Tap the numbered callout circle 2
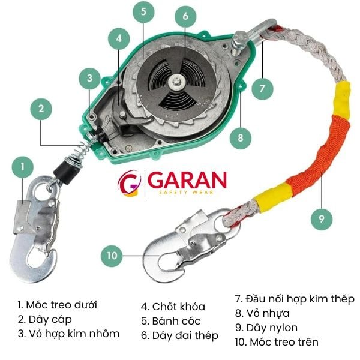pyautogui.click(x=41, y=109)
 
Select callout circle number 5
pyautogui.click(x=143, y=12)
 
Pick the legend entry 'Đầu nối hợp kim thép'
pyautogui.click(x=294, y=298)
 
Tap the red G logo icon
pyautogui.click(x=128, y=183)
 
